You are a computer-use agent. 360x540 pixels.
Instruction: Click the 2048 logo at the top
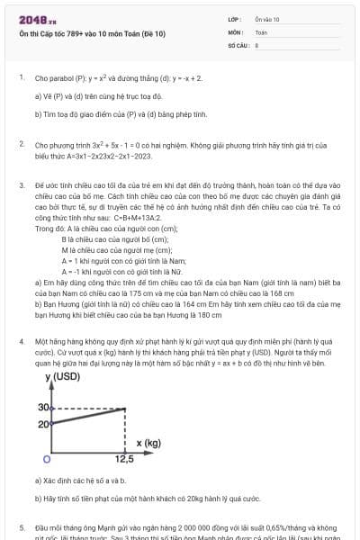click(x=33, y=18)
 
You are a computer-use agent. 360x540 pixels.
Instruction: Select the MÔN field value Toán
click(x=261, y=31)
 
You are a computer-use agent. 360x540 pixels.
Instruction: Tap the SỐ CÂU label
click(x=238, y=44)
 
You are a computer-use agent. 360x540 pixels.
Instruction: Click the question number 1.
click(x=20, y=77)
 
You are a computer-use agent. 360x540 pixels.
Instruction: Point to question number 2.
click(x=20, y=143)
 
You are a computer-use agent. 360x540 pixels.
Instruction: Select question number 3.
click(x=20, y=184)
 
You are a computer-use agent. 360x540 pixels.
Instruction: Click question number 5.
click(x=20, y=526)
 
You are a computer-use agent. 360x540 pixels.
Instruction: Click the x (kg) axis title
click(x=149, y=443)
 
